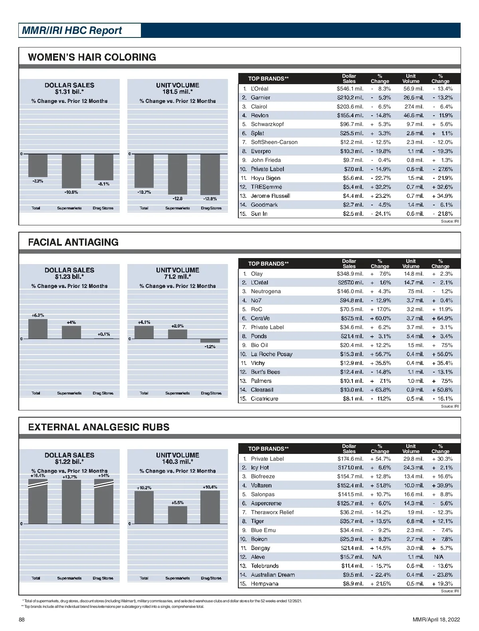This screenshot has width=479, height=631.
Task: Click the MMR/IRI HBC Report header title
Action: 72,31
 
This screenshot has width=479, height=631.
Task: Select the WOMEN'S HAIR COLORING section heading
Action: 92,57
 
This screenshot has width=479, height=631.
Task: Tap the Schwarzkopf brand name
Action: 267,124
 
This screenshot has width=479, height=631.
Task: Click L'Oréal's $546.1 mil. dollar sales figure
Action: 350,89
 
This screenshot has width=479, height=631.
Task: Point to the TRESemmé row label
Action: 266,187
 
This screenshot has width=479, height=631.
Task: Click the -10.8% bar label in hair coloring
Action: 71,192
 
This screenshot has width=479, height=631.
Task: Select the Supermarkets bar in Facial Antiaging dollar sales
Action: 71,332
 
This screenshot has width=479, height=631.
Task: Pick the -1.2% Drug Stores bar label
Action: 210,347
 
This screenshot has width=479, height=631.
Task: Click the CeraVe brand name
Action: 260,318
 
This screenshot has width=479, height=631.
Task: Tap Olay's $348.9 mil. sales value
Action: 350,274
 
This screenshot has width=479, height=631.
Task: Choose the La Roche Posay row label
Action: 271,354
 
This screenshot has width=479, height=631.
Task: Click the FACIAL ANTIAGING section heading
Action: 73,242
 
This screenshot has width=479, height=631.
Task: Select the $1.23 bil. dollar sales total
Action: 69,276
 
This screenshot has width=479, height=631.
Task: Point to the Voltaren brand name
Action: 261,485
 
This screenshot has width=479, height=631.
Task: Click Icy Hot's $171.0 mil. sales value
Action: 350,467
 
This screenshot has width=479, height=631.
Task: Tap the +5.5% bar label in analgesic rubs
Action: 178,503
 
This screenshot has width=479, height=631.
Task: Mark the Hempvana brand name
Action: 265,584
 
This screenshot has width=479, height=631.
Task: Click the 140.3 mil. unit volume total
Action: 178,461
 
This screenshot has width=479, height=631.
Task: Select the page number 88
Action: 22,619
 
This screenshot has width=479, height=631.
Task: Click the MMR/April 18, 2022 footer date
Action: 436,619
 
